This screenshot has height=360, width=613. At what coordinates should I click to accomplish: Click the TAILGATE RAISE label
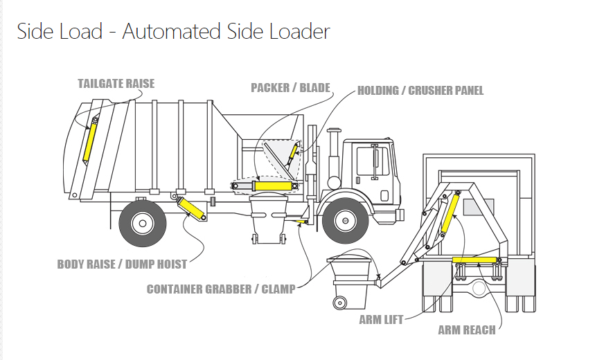[x=116, y=84]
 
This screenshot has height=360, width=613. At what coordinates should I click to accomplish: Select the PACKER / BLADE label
[x=290, y=88]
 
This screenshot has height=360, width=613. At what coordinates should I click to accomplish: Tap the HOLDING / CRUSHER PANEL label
[x=420, y=91]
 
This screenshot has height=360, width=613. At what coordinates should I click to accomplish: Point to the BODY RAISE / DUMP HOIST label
[x=121, y=264]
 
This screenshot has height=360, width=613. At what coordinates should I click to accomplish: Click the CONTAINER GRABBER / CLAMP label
[x=221, y=289]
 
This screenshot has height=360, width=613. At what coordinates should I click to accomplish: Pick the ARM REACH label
[x=466, y=330]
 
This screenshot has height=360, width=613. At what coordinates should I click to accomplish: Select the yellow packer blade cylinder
[x=274, y=186]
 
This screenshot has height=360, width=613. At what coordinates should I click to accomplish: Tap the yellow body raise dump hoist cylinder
[x=191, y=208]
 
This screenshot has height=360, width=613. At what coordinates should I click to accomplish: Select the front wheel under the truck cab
[x=345, y=220]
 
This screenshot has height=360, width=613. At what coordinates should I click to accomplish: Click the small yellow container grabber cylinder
[x=300, y=222]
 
